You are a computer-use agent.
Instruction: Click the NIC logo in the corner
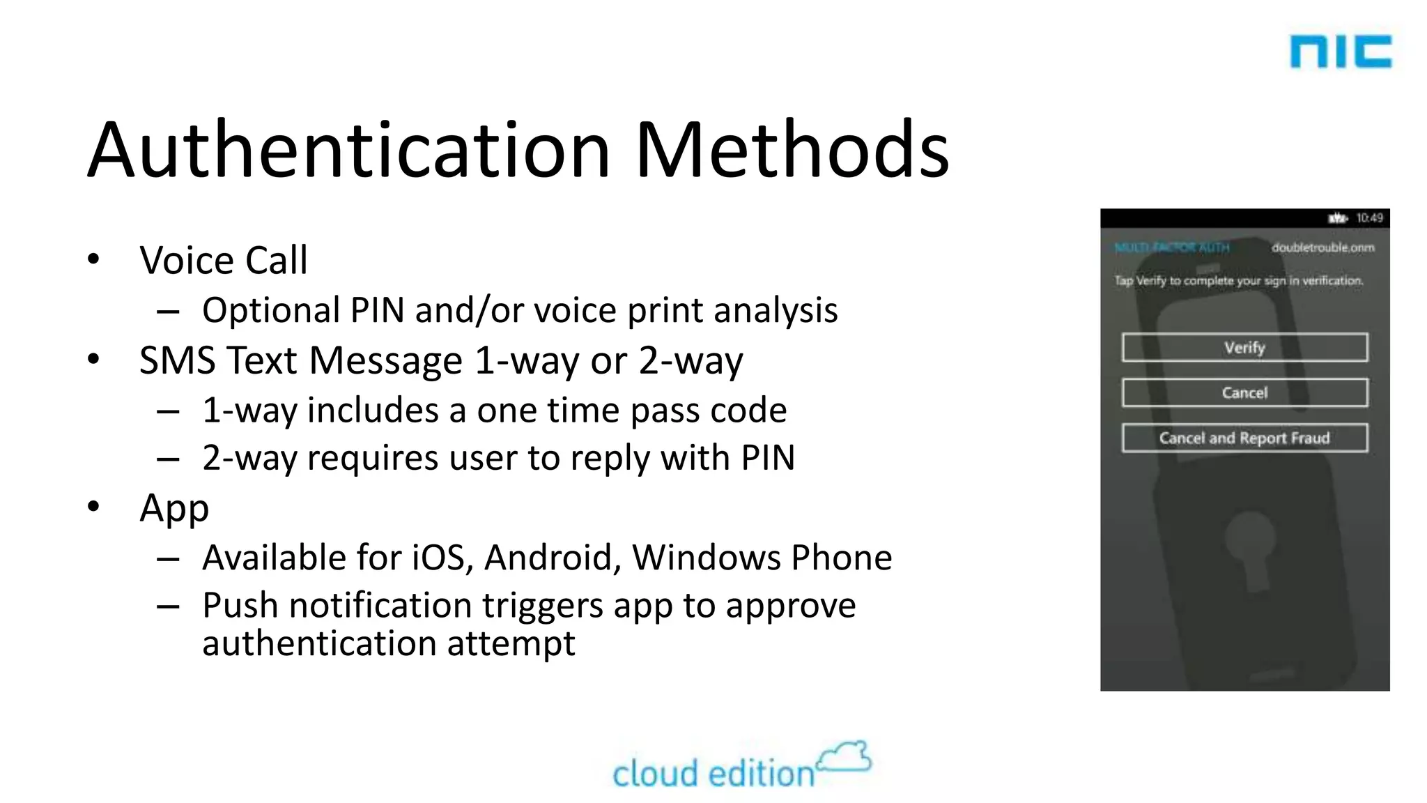click(1340, 52)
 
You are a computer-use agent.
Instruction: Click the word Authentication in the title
click(349, 150)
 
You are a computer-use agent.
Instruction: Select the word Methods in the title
click(792, 150)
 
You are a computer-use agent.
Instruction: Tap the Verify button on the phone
click(1244, 347)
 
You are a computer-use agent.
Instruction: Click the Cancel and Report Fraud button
click(1244, 438)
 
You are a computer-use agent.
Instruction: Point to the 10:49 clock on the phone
click(1369, 218)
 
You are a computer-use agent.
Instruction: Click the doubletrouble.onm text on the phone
click(1322, 247)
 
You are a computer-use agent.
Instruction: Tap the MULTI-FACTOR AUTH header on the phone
click(1172, 247)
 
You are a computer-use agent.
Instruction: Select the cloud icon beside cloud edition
click(844, 758)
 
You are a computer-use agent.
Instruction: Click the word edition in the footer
click(762, 774)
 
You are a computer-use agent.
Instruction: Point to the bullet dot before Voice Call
click(94, 260)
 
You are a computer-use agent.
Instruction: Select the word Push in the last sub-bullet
click(240, 605)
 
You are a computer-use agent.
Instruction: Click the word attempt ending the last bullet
click(511, 644)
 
